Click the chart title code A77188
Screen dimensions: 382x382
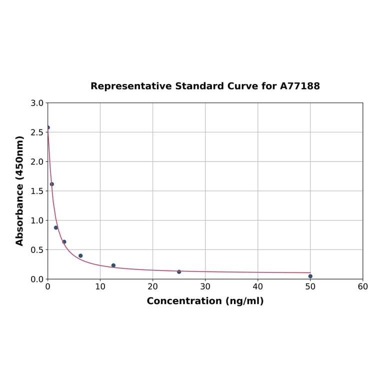299,86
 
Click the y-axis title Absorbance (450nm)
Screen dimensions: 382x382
20,190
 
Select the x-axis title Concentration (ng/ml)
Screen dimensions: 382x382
205,301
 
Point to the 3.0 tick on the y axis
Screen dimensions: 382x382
37,103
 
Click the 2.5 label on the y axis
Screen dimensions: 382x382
37,132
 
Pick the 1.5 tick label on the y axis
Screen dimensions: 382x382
37,191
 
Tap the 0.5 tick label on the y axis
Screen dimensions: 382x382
37,249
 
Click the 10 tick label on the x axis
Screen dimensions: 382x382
100,287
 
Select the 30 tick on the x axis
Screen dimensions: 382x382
205,287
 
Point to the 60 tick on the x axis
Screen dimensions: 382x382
362,287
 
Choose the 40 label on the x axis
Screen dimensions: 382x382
257,287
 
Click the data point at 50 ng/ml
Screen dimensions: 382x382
310,276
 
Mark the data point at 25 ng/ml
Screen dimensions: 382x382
179,271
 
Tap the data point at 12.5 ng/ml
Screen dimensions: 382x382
113,265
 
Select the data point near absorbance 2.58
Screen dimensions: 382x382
48,127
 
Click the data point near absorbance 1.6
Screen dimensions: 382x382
52,184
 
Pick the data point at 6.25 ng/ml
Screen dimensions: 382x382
80,255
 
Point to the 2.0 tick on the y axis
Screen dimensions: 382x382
37,161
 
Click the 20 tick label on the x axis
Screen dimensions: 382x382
152,287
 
